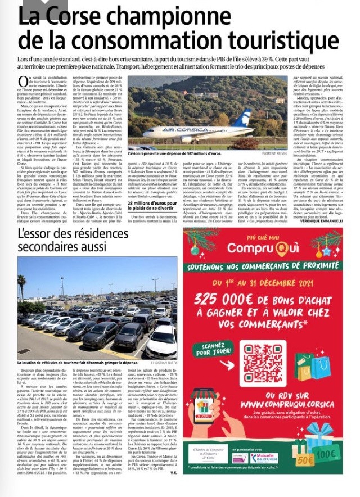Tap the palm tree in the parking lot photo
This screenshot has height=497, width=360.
[x=22, y=287]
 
